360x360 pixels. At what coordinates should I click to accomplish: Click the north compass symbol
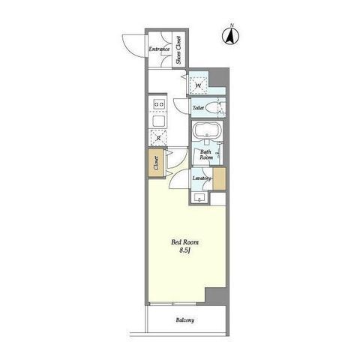(x=230, y=35)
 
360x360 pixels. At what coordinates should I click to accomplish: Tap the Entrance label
(x=159, y=49)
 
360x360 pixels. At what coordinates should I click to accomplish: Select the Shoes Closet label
(x=178, y=50)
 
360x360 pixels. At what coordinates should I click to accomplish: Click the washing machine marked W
(x=199, y=85)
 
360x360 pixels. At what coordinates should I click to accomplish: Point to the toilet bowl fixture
(x=212, y=108)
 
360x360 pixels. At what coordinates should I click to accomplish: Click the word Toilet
(x=198, y=108)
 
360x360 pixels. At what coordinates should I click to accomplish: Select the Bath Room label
(x=206, y=154)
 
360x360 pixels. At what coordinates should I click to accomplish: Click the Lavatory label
(x=202, y=178)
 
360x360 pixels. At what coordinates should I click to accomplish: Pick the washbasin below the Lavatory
(x=199, y=197)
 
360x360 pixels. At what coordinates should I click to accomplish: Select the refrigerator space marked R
(x=158, y=138)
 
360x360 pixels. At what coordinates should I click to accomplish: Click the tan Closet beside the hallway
(x=156, y=163)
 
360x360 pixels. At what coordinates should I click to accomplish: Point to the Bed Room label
(x=184, y=242)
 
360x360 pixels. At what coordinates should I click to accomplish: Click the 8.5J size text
(x=185, y=250)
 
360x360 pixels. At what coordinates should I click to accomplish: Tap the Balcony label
(x=185, y=320)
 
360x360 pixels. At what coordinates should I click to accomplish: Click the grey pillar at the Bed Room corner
(x=216, y=296)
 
